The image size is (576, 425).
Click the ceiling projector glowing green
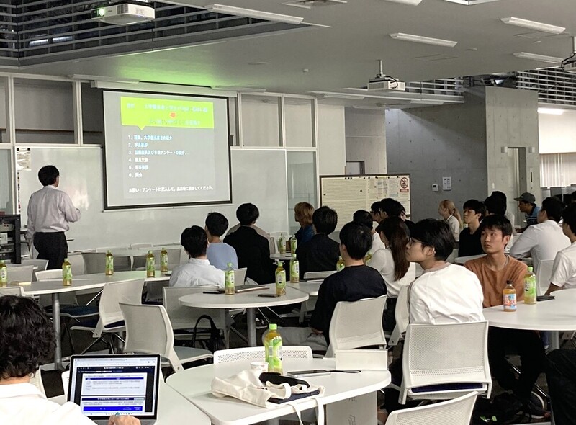[x=123, y=12]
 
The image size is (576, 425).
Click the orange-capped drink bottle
[x=510, y=296]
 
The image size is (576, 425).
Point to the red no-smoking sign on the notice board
[x=404, y=183]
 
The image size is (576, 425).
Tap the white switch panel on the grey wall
[x=447, y=183]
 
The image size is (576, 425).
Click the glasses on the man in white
[x=415, y=243]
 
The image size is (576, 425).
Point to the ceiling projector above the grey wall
[x=387, y=84]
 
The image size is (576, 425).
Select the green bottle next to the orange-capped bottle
[x=530, y=285]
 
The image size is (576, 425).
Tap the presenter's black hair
[x=48, y=174]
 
